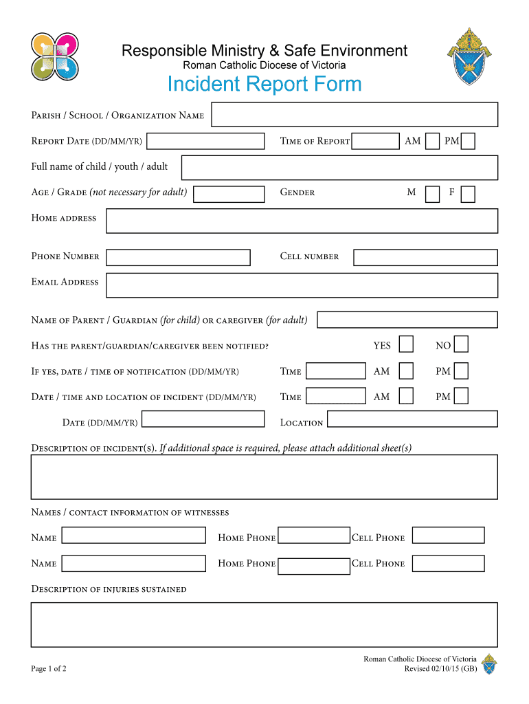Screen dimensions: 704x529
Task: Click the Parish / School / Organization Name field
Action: [x=354, y=115]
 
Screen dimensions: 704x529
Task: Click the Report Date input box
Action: [x=205, y=141]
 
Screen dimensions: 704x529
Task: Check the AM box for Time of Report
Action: [x=432, y=141]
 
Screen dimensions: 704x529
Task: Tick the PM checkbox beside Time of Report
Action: [x=468, y=141]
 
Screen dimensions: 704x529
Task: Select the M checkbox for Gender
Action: [x=432, y=194]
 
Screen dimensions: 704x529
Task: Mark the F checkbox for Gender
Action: [x=468, y=194]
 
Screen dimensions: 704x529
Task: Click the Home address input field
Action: [x=302, y=221]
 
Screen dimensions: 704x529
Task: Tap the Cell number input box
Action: [x=425, y=257]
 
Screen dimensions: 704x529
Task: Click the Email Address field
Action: [x=302, y=285]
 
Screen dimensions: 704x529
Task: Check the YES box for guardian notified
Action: [x=407, y=344]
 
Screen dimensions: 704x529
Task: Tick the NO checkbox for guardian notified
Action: [x=462, y=344]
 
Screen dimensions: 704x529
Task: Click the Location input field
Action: [x=412, y=419]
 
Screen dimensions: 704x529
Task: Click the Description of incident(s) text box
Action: [x=264, y=476]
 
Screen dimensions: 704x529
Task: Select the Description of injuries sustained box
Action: [x=264, y=624]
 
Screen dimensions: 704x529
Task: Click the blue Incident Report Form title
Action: [x=264, y=85]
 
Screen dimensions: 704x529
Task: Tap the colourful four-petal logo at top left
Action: [x=55, y=56]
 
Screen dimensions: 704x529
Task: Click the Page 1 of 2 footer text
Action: [x=49, y=668]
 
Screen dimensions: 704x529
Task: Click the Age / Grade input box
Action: [x=229, y=194]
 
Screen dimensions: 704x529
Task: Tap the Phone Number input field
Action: [x=178, y=257]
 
